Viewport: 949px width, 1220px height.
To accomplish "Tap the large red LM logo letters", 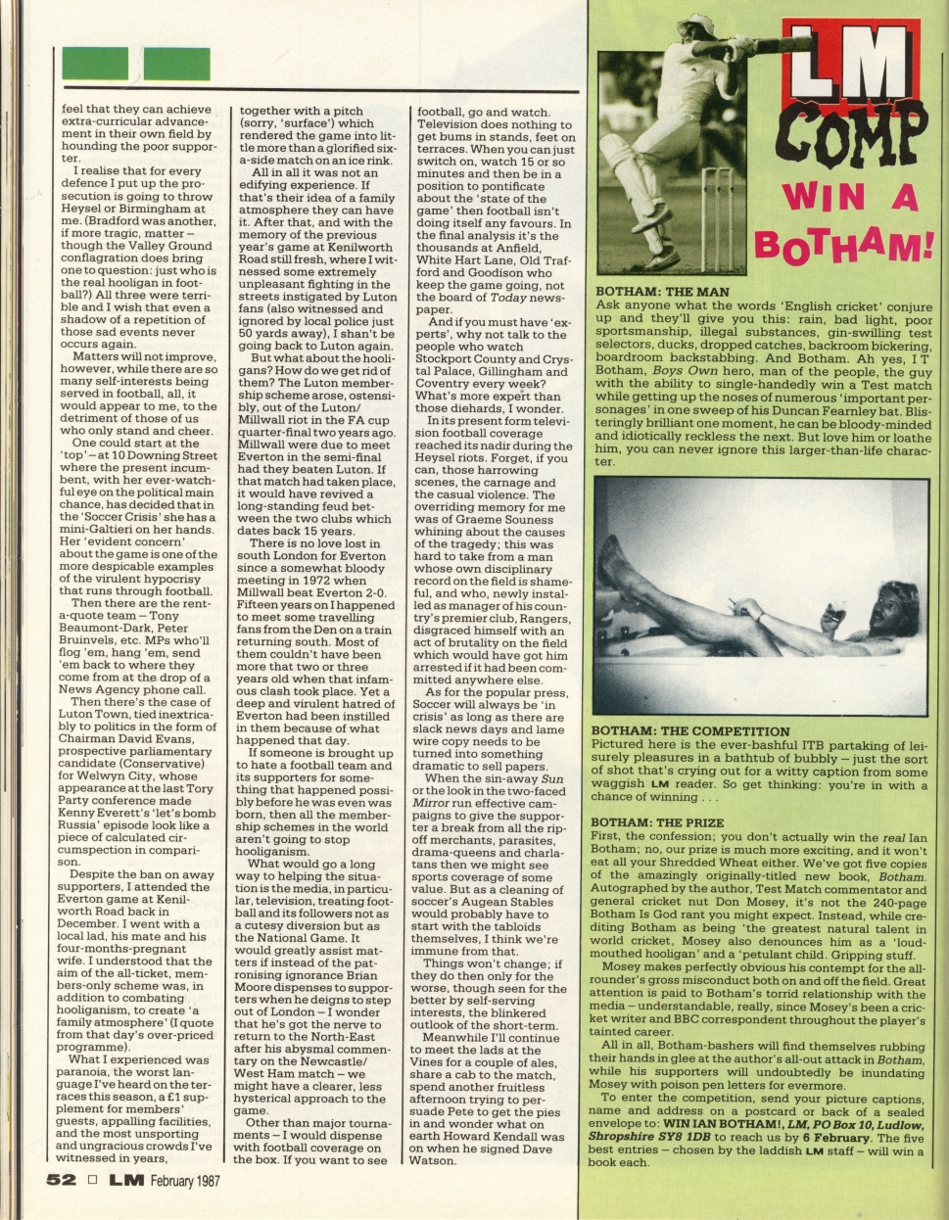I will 847,65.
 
